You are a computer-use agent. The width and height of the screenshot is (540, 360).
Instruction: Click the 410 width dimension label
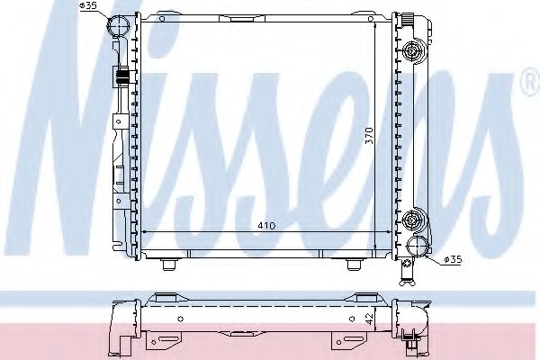267,226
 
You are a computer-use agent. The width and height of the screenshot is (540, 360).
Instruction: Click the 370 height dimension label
369,135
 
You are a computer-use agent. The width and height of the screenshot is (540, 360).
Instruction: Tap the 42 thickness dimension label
370,319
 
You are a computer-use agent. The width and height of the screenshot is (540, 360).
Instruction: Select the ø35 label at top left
88,6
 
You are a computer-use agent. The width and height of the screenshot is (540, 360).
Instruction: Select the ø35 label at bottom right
453,259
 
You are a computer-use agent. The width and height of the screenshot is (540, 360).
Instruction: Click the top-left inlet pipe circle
118,26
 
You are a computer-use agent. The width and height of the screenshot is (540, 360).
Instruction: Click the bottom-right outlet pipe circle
417,246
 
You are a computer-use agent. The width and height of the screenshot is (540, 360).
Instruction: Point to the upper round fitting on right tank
412,51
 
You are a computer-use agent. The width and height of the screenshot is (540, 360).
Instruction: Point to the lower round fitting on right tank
412,219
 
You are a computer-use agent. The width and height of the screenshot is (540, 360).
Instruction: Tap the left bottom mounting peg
168,265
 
